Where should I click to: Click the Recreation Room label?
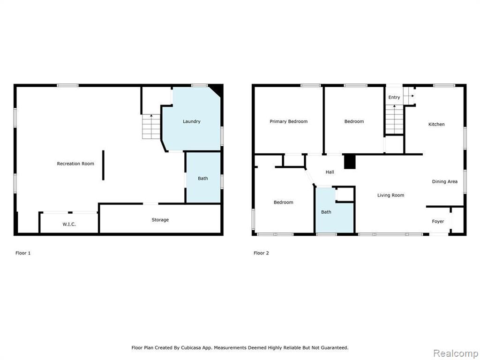coord(75,164)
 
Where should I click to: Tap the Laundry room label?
coord(192,121)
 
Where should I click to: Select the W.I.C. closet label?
coord(69,224)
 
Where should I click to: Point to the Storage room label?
coord(160,220)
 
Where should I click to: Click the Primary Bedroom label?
coord(288,121)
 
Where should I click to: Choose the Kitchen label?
coord(436,124)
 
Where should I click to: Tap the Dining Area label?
coord(444,181)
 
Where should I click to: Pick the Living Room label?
coord(390,195)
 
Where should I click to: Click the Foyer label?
coord(438,221)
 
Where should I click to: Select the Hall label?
coord(330,172)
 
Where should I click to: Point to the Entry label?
coord(394,97)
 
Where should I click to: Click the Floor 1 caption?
coord(23,253)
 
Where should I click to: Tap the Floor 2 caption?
coord(261,253)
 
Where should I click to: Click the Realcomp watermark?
coord(456,353)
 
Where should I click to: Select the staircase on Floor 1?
coord(151,127)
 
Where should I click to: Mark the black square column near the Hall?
coord(350,162)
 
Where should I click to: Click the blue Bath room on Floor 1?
coord(203,178)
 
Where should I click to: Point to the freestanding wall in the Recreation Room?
coord(103,165)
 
